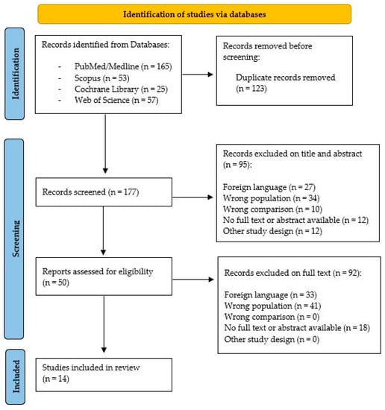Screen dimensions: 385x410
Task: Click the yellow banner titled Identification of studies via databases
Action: pyautogui.click(x=195, y=14)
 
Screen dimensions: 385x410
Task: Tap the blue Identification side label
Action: pyautogui.click(x=15, y=74)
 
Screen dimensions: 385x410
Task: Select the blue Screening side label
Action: pyautogui.click(x=14, y=239)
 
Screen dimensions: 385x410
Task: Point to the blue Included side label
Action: pyautogui.click(x=16, y=376)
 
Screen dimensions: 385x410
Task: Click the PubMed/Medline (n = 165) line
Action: pyautogui.click(x=123, y=66)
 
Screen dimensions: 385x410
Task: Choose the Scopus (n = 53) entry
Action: pyautogui.click(x=101, y=78)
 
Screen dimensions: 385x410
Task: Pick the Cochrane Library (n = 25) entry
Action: pyautogui.click(x=121, y=89)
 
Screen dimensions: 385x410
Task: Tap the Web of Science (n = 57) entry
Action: pyautogui.click(x=116, y=100)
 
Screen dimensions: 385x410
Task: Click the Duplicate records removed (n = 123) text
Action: pyautogui.click(x=285, y=83)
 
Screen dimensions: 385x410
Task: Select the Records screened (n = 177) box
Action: pyautogui.click(x=104, y=192)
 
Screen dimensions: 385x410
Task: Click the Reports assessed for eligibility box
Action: pyautogui.click(x=104, y=277)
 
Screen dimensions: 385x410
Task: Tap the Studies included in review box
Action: pyautogui.click(x=104, y=375)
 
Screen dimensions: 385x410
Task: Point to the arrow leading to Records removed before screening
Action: pyautogui.click(x=198, y=75)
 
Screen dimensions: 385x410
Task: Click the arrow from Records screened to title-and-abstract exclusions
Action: pyautogui.click(x=192, y=197)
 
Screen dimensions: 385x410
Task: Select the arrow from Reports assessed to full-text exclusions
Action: pyautogui.click(x=193, y=280)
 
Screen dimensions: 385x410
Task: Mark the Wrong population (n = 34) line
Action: pyautogui.click(x=271, y=198)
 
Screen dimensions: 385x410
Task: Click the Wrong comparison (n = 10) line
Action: pyautogui.click(x=272, y=209)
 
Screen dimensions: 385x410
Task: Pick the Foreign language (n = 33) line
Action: pyautogui.click(x=270, y=295)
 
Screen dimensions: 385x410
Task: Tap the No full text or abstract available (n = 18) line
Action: pyautogui.click(x=297, y=328)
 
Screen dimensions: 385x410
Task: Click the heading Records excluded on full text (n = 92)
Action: pyautogui.click(x=292, y=273)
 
